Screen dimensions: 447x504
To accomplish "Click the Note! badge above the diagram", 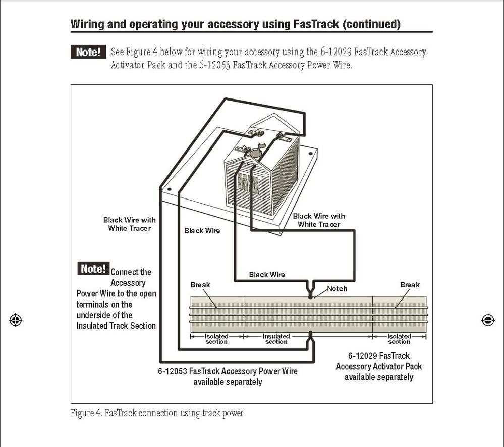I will click(x=88, y=52).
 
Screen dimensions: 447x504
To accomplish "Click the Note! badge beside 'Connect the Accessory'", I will click(x=93, y=269).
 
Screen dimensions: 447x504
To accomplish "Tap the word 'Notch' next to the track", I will click(x=337, y=289).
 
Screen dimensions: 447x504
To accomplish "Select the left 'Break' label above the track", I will click(x=200, y=285).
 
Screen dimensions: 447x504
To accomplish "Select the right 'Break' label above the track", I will click(x=410, y=285).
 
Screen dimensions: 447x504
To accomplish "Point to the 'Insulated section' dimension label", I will click(x=276, y=339).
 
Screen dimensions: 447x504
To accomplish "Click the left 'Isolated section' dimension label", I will click(x=216, y=339).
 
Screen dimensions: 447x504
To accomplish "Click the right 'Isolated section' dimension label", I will click(x=399, y=339).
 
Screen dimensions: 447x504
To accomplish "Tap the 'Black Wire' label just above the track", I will click(x=267, y=275).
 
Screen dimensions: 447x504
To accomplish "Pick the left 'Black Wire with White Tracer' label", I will click(x=129, y=224).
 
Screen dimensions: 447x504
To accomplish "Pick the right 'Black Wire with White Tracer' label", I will click(x=319, y=220).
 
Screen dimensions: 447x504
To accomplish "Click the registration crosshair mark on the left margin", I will click(x=16, y=320).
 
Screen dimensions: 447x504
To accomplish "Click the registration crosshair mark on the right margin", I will click(x=488, y=320).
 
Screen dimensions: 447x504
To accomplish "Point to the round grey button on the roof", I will click(x=258, y=150).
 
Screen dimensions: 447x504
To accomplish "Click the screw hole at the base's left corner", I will click(x=170, y=190).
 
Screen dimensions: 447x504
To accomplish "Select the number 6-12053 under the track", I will click(x=173, y=371).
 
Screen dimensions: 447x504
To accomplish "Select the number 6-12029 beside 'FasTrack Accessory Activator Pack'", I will click(x=363, y=356).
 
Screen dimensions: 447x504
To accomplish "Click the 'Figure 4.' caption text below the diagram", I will click(x=86, y=413).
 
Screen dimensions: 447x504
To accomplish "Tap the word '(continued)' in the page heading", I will click(x=371, y=24).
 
